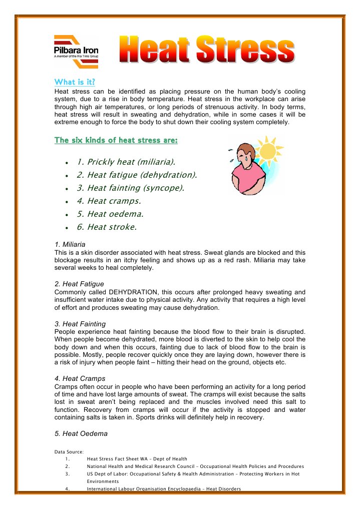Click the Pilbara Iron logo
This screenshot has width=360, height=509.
[76, 51]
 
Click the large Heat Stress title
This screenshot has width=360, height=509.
[206, 51]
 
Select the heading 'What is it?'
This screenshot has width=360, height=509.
[75, 82]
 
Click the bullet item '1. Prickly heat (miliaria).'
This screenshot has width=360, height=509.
[126, 162]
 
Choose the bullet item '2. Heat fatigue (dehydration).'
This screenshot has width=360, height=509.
[137, 175]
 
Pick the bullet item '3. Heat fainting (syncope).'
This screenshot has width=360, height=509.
[130, 188]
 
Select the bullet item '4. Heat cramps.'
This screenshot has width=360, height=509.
[109, 201]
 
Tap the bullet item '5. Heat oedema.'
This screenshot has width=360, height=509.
[110, 214]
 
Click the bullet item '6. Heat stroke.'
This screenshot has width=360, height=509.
[106, 227]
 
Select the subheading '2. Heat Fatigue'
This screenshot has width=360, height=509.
[79, 284]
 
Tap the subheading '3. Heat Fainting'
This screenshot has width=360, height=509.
[80, 324]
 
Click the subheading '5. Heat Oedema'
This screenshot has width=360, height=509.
[80, 433]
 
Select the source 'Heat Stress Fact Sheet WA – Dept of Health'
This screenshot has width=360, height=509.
[137, 458]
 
